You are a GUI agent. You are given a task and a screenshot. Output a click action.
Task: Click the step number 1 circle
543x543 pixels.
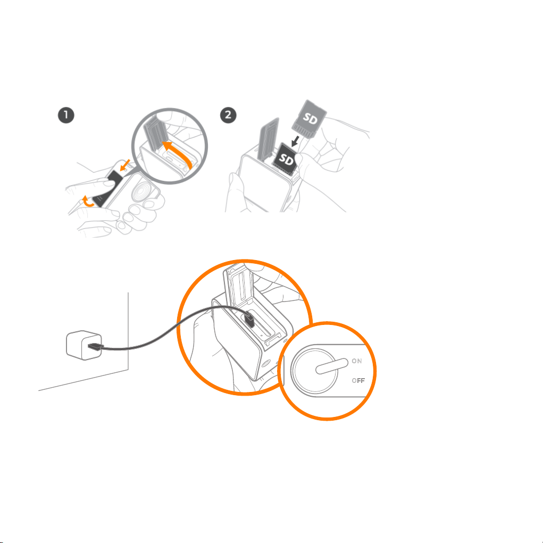point(66,115)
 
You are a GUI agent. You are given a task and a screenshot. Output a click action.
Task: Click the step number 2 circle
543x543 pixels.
point(228,115)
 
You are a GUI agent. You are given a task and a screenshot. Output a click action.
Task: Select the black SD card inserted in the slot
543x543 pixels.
point(286,159)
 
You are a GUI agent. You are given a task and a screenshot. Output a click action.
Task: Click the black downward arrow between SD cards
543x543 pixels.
point(295,140)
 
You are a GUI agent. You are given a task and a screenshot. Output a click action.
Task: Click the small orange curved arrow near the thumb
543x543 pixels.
point(87,201)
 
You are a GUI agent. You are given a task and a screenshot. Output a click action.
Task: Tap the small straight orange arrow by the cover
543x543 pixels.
point(124,165)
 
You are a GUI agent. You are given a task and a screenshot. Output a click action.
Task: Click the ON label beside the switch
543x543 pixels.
point(357,361)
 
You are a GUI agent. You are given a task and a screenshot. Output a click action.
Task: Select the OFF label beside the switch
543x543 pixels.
point(358,381)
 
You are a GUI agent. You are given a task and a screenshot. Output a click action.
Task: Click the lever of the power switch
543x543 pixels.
point(332,366)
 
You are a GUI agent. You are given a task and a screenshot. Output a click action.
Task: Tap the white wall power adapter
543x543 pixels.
point(84,345)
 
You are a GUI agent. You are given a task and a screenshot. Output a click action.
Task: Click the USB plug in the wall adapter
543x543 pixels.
point(96,346)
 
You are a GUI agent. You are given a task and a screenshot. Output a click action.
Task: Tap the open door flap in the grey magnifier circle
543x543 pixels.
point(154,133)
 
